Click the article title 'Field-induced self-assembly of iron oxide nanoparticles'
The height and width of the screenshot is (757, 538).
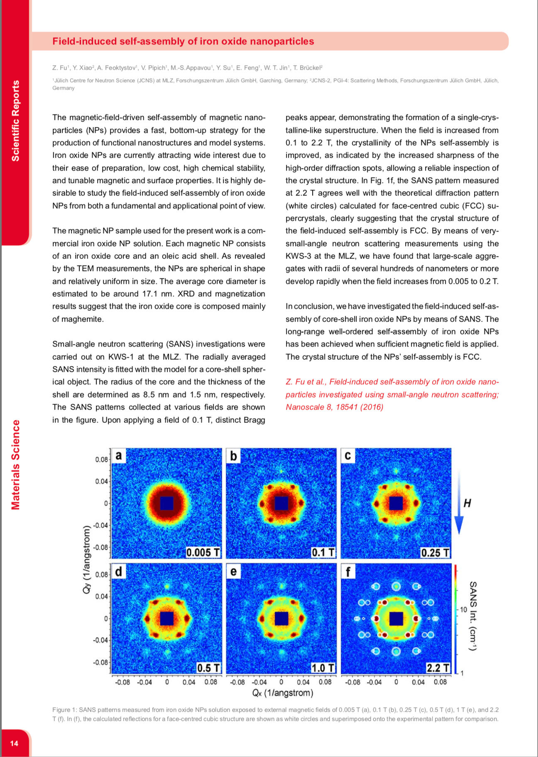coord(183,42)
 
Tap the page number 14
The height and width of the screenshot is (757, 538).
coord(14,743)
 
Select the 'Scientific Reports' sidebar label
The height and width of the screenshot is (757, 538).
coord(15,121)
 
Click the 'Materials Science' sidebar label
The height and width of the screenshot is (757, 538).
coord(15,464)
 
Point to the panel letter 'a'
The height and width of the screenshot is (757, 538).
coord(119,456)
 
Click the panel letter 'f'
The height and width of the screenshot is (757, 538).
coord(348,572)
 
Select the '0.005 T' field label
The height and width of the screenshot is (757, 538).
coord(203,552)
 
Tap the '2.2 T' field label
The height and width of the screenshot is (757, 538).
coord(438,668)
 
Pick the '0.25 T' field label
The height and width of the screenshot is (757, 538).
coord(435,552)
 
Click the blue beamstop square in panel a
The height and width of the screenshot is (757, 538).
coord(166,503)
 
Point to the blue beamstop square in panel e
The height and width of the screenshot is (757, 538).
coord(281,618)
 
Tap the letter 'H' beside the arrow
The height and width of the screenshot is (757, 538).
coord(467,503)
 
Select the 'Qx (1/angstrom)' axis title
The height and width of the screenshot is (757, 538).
coord(283,693)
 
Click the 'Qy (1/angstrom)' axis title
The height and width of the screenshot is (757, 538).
coord(86,559)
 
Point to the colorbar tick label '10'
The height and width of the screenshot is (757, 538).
coord(463,610)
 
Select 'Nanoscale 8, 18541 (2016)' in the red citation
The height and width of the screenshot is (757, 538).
coord(334,407)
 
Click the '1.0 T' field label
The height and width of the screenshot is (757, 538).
coord(323,668)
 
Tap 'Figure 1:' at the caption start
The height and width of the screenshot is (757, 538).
coord(64,710)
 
